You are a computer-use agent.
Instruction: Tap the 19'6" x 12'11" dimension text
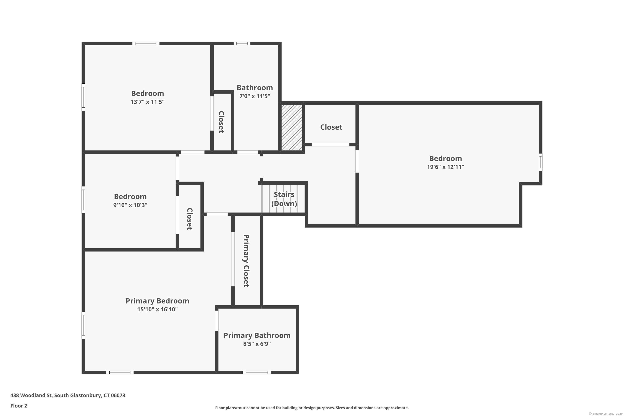[446, 167]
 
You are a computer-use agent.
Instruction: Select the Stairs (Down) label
[284, 199]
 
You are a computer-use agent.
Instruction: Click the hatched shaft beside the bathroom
[292, 128]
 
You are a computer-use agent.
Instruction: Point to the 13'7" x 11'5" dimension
[147, 102]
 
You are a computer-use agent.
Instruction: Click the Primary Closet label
[246, 261]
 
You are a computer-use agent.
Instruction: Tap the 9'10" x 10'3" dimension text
[130, 205]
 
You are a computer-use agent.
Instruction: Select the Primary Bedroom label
[157, 301]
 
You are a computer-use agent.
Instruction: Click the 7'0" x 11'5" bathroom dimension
[255, 96]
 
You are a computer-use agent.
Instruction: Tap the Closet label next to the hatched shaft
[331, 127]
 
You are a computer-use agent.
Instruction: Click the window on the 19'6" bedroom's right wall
[540, 162]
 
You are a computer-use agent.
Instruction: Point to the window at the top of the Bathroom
[242, 43]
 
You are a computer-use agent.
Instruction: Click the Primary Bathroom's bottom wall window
[257, 373]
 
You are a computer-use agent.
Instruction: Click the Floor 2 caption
[19, 406]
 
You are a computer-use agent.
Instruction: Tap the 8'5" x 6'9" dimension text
[257, 344]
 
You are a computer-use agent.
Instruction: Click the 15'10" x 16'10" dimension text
[157, 309]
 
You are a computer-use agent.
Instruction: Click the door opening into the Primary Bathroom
[217, 321]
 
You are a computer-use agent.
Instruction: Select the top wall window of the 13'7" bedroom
[146, 43]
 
